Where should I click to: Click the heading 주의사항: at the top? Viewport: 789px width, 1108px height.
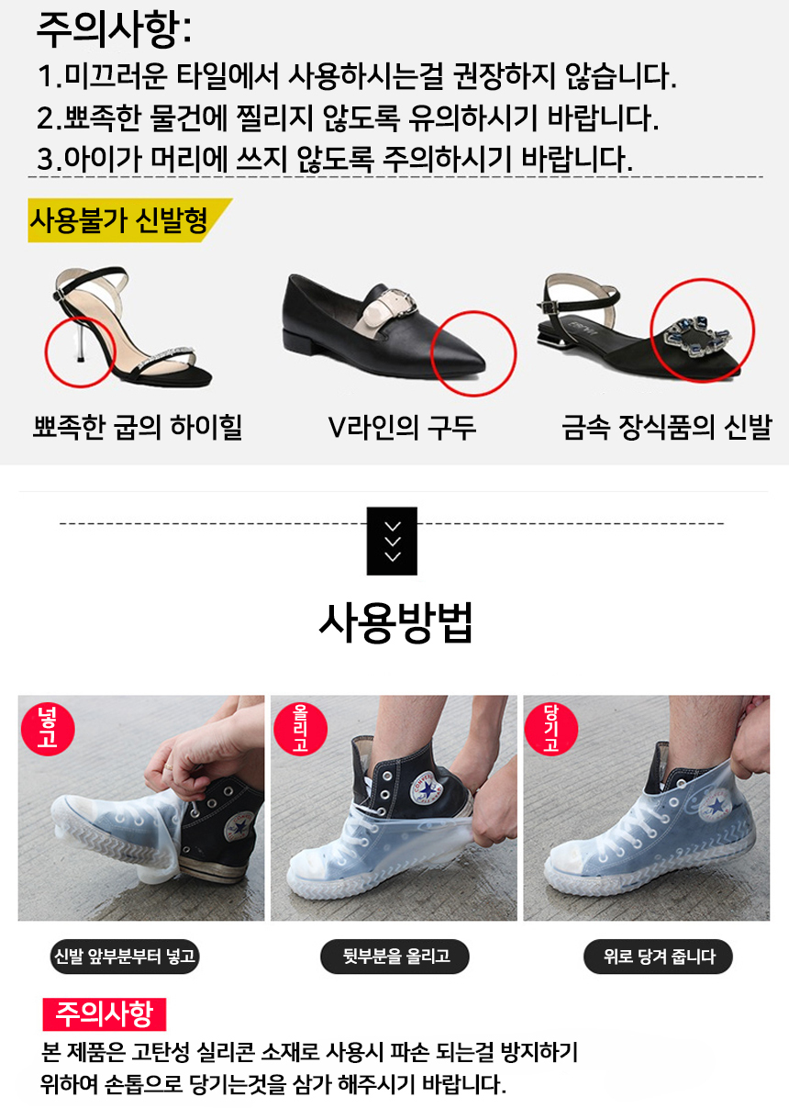click(114, 30)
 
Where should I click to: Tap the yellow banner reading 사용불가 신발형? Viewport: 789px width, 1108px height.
click(129, 220)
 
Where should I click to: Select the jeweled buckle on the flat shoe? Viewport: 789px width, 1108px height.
click(698, 336)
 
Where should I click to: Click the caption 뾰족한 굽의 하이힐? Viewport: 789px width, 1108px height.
click(138, 428)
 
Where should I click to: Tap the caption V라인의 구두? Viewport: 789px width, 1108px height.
click(402, 428)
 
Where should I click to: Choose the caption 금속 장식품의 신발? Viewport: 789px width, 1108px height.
click(666, 428)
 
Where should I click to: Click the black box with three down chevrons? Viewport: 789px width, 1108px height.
click(392, 541)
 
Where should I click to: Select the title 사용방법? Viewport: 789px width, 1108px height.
click(395, 623)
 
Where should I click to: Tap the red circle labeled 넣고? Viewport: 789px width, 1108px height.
click(48, 729)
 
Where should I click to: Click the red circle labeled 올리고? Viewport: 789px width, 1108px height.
click(301, 729)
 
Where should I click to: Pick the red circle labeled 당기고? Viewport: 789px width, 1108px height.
click(551, 729)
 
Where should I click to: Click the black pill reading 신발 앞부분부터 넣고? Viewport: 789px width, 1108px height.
click(125, 957)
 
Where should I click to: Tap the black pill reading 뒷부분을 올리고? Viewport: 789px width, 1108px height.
click(395, 957)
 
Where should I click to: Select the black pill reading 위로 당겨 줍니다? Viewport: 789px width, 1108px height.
click(658, 957)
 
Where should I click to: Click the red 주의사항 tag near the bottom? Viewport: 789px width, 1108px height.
click(105, 1014)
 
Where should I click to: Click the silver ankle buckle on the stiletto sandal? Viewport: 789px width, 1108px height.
click(60, 295)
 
